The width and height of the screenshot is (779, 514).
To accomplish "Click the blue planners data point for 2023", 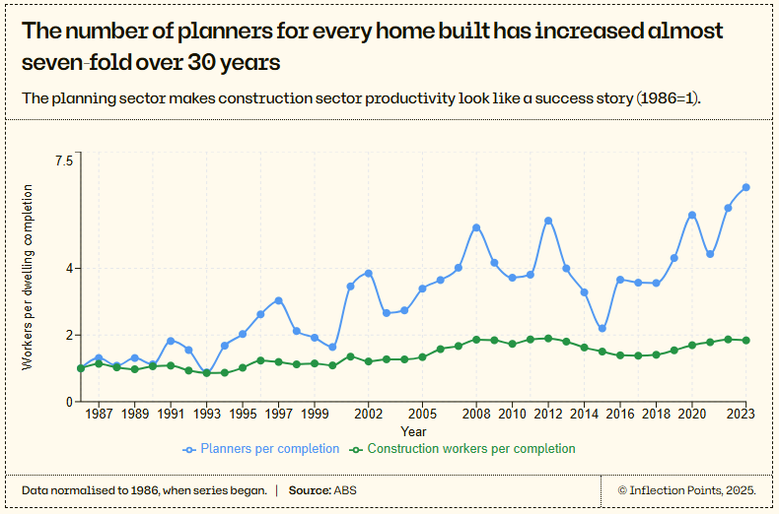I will click(746, 187).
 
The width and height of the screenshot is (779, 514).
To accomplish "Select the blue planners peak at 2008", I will click(476, 227).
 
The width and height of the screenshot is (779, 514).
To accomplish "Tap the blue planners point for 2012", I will click(548, 221).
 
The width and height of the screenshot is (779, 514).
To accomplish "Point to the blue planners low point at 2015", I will click(602, 329).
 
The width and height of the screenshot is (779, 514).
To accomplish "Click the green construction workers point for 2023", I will click(746, 341).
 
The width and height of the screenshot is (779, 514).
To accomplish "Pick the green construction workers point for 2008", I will click(476, 340).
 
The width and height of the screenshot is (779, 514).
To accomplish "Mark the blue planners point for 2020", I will click(692, 215).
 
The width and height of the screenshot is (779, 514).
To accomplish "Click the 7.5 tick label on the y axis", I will click(63, 161).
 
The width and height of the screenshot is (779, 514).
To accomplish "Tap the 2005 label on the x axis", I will click(422, 416).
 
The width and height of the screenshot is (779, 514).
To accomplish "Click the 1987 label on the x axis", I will click(99, 416).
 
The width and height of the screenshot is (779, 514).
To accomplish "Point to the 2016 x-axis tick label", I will click(620, 416).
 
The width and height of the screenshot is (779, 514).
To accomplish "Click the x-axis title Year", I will click(413, 432).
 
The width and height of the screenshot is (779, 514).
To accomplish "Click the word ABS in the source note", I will click(345, 490).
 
